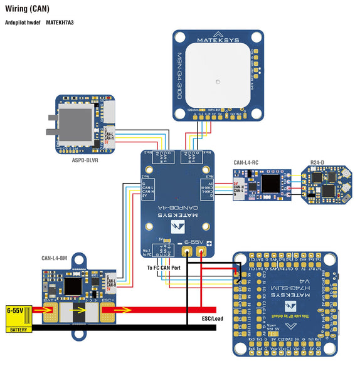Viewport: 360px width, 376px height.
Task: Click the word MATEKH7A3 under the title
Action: (x=60, y=23)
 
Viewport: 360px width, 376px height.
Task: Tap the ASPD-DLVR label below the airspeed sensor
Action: (x=85, y=160)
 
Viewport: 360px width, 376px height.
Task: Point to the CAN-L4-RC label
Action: (x=247, y=164)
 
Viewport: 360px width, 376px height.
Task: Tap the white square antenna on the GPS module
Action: (x=217, y=81)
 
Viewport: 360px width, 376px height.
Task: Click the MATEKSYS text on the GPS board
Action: (x=217, y=35)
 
